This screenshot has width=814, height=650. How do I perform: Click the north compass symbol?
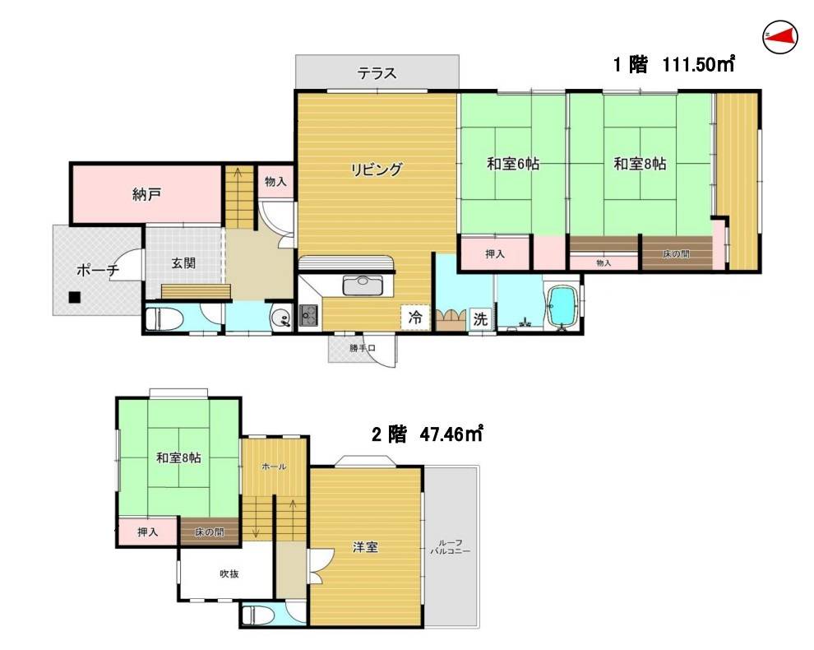coord(780,35)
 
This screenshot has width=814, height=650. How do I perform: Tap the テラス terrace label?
coord(377,73)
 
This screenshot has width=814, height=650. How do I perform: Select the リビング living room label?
coord(377,170)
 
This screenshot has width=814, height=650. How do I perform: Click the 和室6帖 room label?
coord(512,164)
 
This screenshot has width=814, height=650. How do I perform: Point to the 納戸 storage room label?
coord(146,195)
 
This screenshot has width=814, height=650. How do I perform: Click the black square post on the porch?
coord(75,298)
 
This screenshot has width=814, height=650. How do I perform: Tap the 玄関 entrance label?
coord(183,263)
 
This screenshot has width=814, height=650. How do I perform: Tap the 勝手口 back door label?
coord(361,348)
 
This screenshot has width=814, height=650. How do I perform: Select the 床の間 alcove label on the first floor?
coord(676,254)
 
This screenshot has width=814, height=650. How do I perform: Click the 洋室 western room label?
coord(366,547)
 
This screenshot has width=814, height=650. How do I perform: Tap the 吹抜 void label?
coord(229,574)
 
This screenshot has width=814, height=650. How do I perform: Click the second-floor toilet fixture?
coord(256,615)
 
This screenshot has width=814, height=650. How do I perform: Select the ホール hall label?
coord(274,467)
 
